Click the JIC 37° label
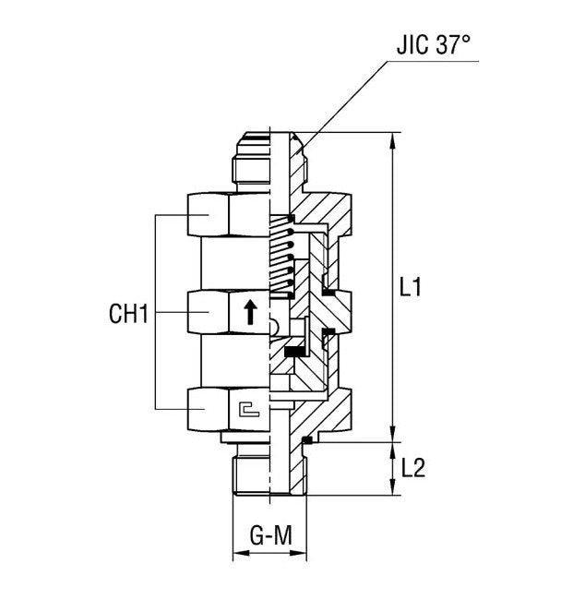(x=435, y=46)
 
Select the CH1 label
(x=128, y=314)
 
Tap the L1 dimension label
(x=411, y=287)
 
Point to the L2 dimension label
(x=412, y=468)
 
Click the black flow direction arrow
(x=250, y=312)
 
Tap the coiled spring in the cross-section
(x=281, y=261)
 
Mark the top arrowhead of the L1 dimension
(x=394, y=140)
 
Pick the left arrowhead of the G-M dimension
(x=238, y=555)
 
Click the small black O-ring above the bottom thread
(x=306, y=440)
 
